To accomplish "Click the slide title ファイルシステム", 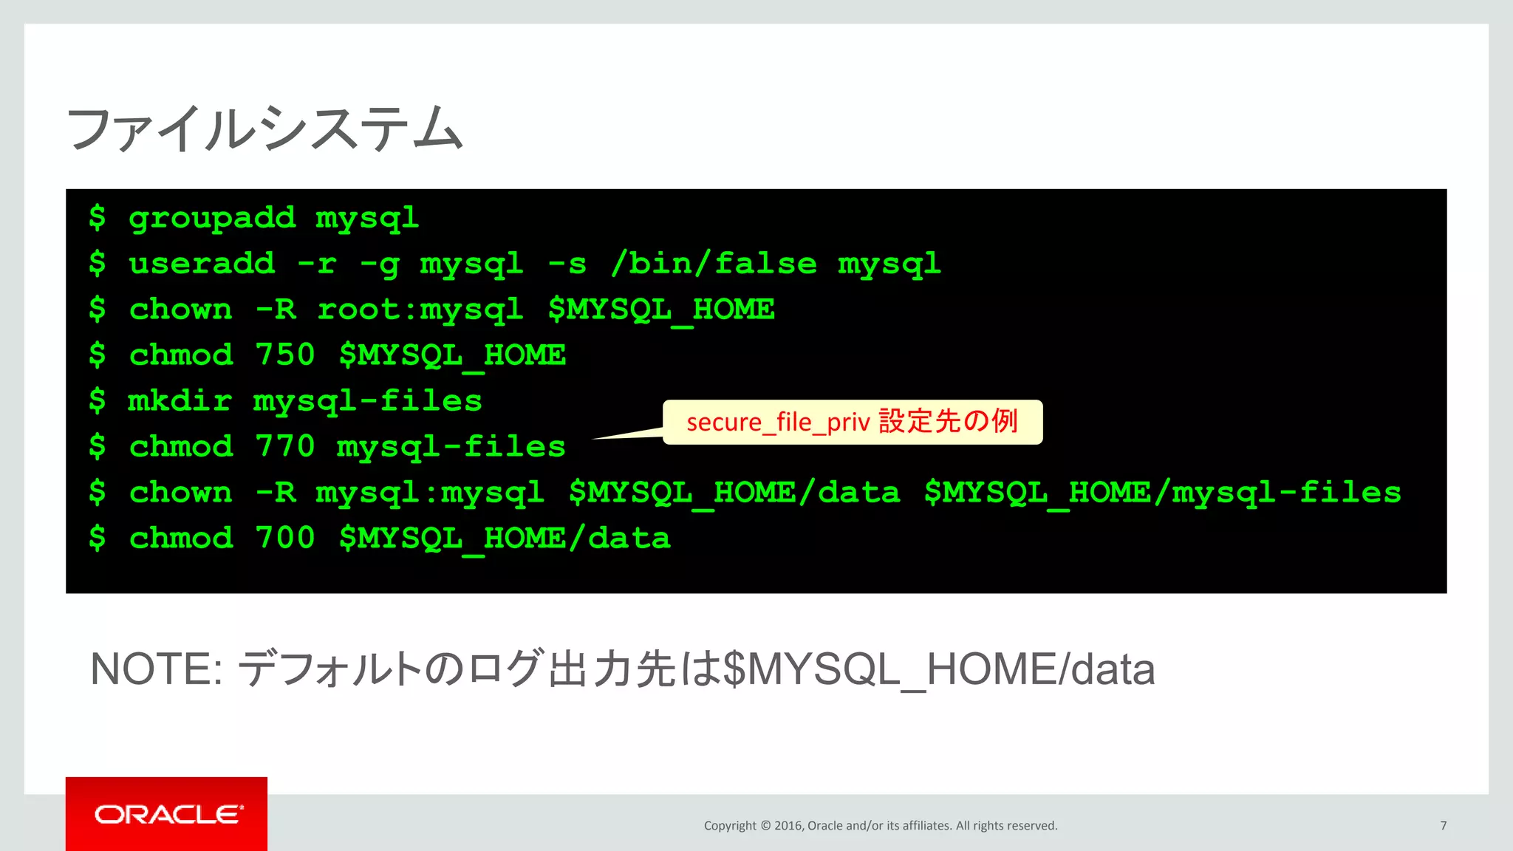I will click(x=264, y=129).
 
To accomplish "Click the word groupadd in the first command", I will click(x=212, y=218).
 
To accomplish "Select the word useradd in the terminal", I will click(x=202, y=264).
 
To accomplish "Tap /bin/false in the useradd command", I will click(x=714, y=264).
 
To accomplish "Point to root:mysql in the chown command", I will click(x=420, y=310).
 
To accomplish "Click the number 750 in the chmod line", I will click(x=285, y=355).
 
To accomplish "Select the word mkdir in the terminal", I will click(x=180, y=401).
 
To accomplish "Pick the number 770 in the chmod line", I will click(x=285, y=447).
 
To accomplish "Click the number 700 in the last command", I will click(x=285, y=539).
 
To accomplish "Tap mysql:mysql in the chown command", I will click(x=430, y=493).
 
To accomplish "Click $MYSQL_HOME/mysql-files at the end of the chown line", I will click(x=1162, y=493).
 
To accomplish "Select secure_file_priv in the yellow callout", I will click(x=778, y=423).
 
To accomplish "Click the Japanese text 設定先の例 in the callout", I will click(x=949, y=422).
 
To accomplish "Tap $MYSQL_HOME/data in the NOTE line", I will click(x=938, y=669).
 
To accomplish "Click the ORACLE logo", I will click(x=167, y=814).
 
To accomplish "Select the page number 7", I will click(x=1443, y=826).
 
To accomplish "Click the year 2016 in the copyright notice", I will click(x=788, y=826).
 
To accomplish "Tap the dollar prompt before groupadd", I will click(x=97, y=218).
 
